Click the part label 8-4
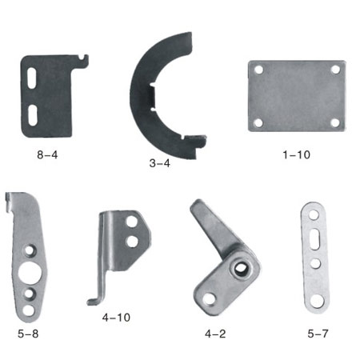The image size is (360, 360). pyautogui.click(x=47, y=154)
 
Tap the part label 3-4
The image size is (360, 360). pyautogui.click(x=159, y=163)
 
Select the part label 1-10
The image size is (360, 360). pyautogui.click(x=296, y=154)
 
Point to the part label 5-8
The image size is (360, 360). pyautogui.click(x=28, y=334)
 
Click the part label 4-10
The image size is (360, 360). pyautogui.click(x=116, y=318)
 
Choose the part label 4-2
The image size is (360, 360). pyautogui.click(x=215, y=334)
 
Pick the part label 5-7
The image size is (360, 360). pyautogui.click(x=318, y=334)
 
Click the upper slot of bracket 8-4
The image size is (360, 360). pyautogui.click(x=32, y=78)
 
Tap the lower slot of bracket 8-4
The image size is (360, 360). pyautogui.click(x=33, y=115)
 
